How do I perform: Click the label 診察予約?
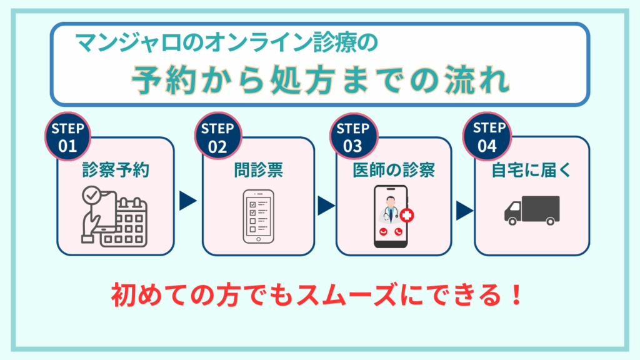click(x=116, y=170)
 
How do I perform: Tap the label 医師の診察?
click(x=393, y=170)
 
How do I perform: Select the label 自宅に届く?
click(x=532, y=170)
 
